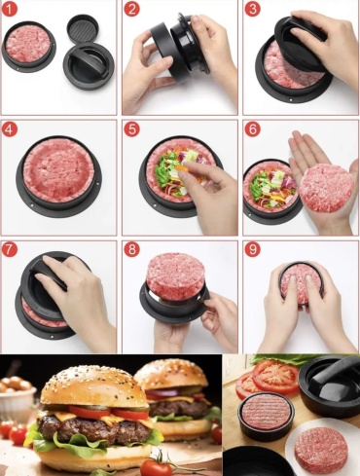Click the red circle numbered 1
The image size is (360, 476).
tap(9, 9)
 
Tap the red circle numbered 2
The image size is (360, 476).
tap(131, 9)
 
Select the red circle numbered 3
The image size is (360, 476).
tap(252, 9)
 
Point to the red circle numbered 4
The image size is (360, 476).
tap(9, 129)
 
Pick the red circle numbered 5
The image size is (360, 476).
tap(131, 129)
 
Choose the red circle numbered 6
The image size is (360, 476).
tap(252, 129)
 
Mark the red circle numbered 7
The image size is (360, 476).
tap(9, 249)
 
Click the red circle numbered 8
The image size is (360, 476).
tap(131, 249)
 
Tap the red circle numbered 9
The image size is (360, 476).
tap(252, 249)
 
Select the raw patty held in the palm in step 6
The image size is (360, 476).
tap(326, 188)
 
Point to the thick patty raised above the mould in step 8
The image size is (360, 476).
tap(175, 276)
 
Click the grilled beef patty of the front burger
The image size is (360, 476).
tap(94, 429)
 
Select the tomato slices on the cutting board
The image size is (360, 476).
tap(267, 377)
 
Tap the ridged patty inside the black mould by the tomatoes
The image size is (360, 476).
tap(266, 412)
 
